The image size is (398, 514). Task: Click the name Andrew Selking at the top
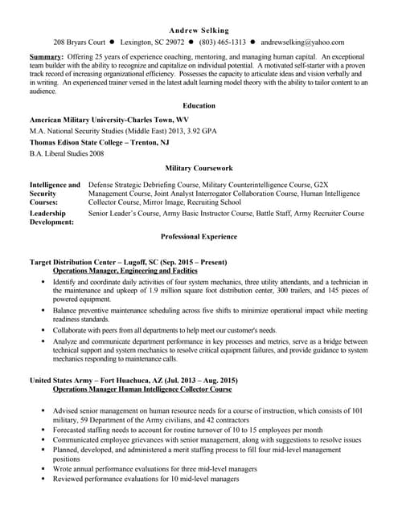click(199, 30)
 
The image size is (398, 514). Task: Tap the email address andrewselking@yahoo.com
click(302, 43)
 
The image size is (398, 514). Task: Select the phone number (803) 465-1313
click(223, 43)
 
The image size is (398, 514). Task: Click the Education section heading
click(199, 105)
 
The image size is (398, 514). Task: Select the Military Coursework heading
click(199, 169)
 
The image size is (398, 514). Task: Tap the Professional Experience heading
click(199, 237)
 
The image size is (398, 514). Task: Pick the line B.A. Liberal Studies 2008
click(67, 153)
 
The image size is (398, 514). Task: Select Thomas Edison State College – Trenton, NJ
click(99, 141)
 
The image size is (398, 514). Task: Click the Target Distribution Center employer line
click(128, 262)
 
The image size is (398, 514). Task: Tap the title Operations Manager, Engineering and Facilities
click(126, 271)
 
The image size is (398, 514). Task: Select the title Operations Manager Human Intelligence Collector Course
click(142, 389)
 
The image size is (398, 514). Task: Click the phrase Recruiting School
click(213, 203)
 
